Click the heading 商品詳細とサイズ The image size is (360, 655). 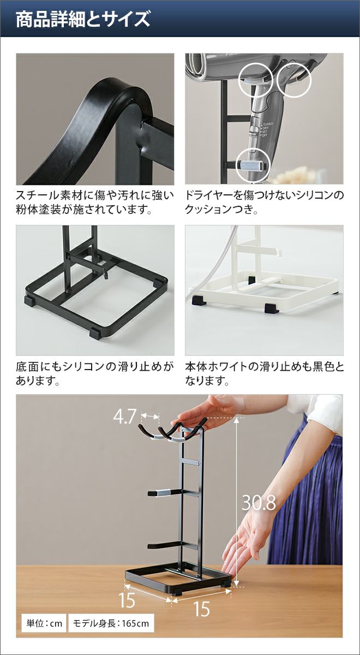pos(83,19)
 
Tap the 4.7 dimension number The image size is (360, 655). pos(125,416)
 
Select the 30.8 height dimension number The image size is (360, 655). pos(259,503)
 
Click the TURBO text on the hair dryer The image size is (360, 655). pos(267,124)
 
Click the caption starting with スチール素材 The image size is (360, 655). pos(95,202)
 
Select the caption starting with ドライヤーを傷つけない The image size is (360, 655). pos(264,202)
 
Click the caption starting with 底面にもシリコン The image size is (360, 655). pos(95,373)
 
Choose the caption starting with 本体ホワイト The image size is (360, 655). pos(264,373)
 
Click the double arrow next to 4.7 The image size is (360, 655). pos(150,415)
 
